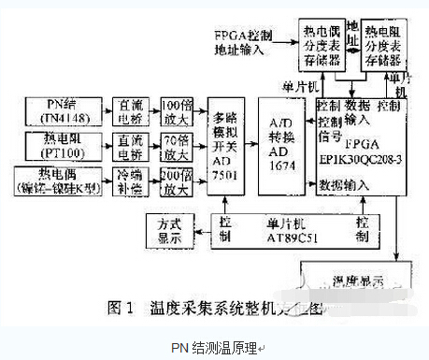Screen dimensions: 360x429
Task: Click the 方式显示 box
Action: point(174,227)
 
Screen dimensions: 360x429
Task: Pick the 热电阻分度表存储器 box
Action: point(381,44)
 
